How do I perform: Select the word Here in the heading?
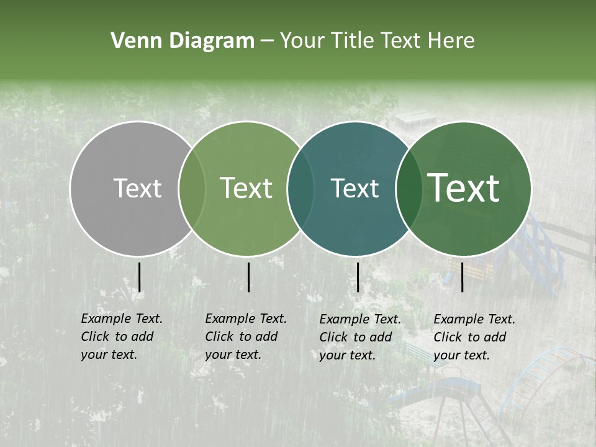[452, 41]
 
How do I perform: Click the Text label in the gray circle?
[137, 188]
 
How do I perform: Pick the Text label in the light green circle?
[246, 188]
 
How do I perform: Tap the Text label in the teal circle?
[354, 188]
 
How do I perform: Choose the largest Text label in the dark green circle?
[464, 188]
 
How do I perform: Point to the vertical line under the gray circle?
[139, 277]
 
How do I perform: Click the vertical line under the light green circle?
[248, 277]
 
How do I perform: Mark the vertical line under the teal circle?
[358, 277]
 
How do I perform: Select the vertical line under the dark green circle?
[463, 277]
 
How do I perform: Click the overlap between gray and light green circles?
[192, 189]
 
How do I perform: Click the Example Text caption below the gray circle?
[121, 336]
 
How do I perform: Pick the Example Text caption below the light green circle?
[245, 336]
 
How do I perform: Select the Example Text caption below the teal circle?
[359, 337]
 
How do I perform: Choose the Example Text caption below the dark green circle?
[474, 337]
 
